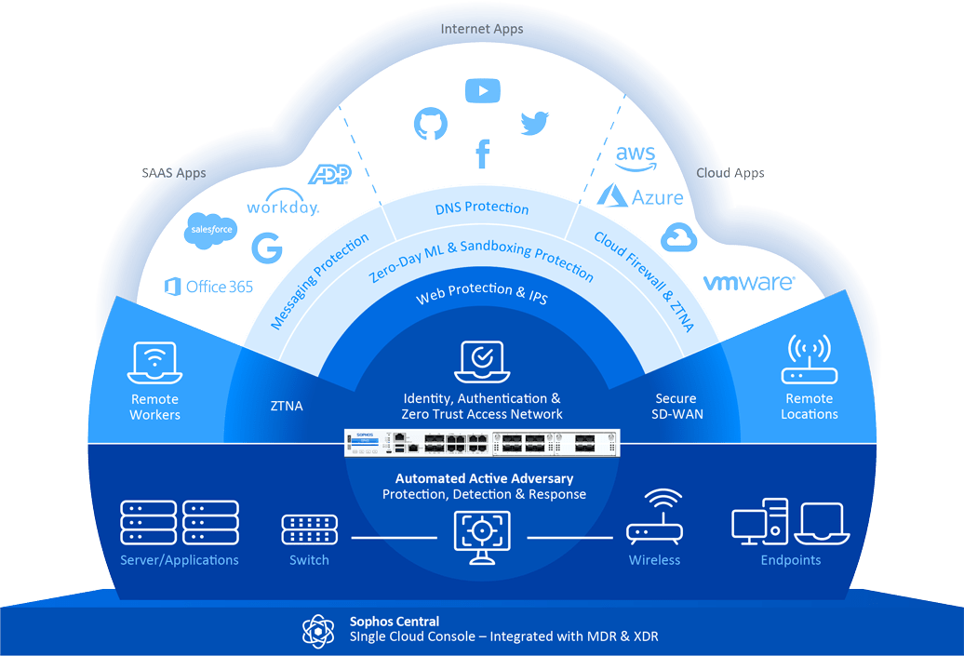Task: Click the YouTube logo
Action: tap(482, 91)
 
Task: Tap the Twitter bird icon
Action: tap(534, 123)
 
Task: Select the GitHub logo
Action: tap(431, 123)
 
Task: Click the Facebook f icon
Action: tap(482, 153)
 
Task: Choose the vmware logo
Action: tap(749, 283)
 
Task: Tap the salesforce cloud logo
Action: tap(210, 229)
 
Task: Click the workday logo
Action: tap(283, 207)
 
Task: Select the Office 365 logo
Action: tap(208, 287)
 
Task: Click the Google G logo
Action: tap(267, 247)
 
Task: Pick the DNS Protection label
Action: tap(482, 208)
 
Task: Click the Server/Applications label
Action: tap(180, 560)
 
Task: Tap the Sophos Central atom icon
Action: tap(317, 629)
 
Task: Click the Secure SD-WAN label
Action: tap(676, 407)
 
